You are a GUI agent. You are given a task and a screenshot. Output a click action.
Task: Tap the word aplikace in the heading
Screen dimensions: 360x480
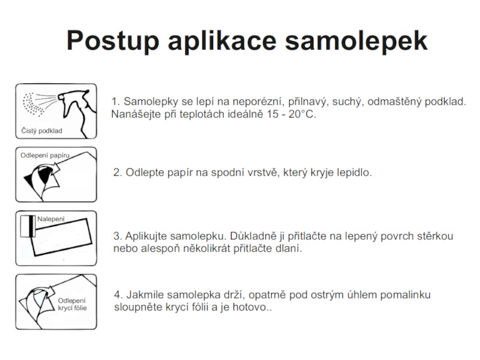click(221, 41)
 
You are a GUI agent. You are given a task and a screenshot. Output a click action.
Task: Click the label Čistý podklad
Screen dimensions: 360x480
click(41, 131)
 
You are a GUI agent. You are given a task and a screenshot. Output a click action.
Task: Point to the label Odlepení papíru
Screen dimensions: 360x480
click(45, 155)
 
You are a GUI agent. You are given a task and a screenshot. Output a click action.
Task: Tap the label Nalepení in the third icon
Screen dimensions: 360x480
click(50, 219)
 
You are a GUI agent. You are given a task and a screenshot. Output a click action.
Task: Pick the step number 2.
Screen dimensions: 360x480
click(118, 173)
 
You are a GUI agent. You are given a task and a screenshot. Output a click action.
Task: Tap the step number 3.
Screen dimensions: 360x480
click(118, 236)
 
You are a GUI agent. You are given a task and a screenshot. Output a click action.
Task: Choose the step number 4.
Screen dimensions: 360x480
click(118, 295)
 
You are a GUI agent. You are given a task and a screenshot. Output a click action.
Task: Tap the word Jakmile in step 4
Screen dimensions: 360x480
click(145, 295)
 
